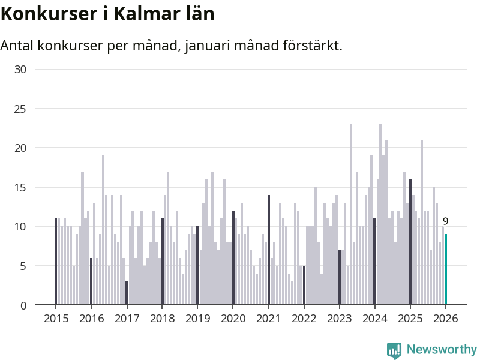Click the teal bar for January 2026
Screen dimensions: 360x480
(446, 269)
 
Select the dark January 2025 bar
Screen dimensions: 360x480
(410, 242)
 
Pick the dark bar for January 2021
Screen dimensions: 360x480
(269, 250)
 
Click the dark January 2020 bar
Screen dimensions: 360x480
(233, 258)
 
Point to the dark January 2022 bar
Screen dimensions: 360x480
(304, 285)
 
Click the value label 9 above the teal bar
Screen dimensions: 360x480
(445, 221)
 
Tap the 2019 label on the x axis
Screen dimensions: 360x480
(197, 319)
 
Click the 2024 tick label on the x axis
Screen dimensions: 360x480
(374, 319)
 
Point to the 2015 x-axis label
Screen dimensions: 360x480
(56, 319)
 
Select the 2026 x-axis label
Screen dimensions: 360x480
(445, 319)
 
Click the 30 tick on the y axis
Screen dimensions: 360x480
(20, 70)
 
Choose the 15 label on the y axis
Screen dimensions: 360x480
(20, 187)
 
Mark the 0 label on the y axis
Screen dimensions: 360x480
(23, 305)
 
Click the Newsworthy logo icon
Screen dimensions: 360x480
(394, 350)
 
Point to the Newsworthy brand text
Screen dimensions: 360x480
(442, 349)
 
